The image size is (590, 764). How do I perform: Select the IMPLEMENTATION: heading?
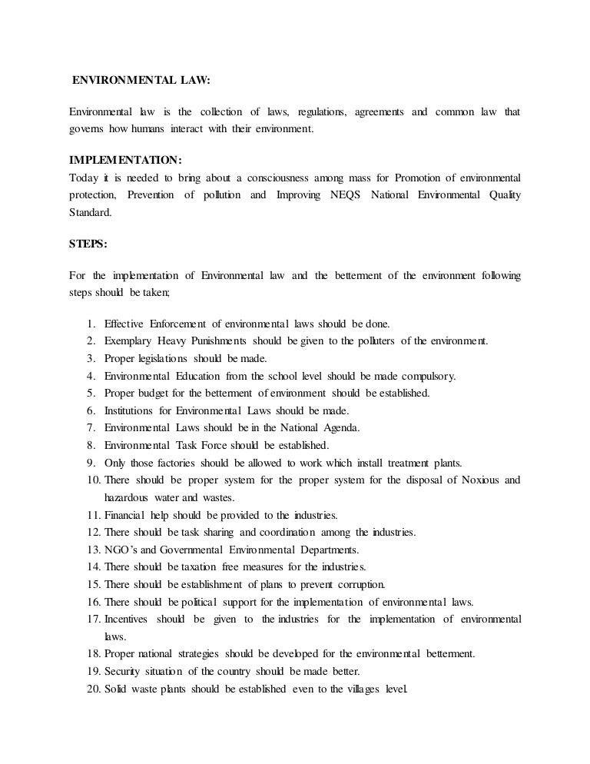125,161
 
